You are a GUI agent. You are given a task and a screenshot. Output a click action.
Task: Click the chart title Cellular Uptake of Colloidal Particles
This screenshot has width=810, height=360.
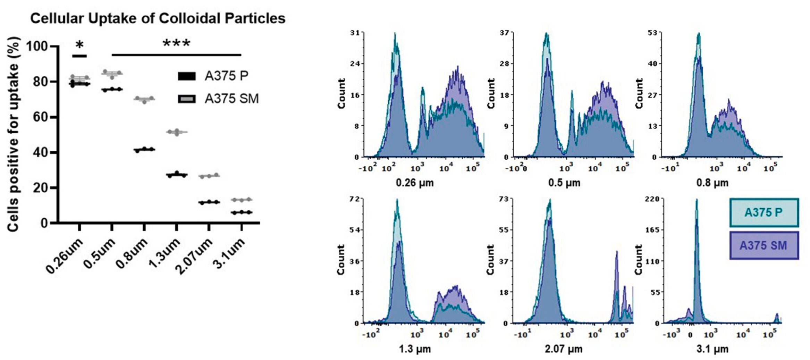158,18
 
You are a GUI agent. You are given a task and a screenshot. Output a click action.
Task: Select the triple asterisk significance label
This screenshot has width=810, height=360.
176,44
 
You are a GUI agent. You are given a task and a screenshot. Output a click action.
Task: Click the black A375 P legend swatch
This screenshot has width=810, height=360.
187,76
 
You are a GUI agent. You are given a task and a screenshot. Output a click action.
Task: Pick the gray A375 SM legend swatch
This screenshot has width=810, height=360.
187,99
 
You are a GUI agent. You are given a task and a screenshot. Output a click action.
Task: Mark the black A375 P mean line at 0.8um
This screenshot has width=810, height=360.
144,150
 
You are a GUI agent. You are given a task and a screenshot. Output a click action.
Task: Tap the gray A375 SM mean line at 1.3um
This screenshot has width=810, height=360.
177,132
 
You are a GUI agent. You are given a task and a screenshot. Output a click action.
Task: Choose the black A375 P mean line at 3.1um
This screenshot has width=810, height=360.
242,212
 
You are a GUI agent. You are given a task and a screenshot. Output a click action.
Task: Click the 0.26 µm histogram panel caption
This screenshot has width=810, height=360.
415,183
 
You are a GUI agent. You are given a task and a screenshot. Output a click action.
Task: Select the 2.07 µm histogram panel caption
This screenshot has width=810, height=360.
564,349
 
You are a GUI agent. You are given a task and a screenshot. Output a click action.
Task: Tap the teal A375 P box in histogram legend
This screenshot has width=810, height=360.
764,212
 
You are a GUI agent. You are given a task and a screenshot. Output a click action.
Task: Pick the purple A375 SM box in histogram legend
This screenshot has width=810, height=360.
764,245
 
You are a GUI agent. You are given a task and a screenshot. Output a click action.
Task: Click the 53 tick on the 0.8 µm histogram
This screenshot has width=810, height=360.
653,33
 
